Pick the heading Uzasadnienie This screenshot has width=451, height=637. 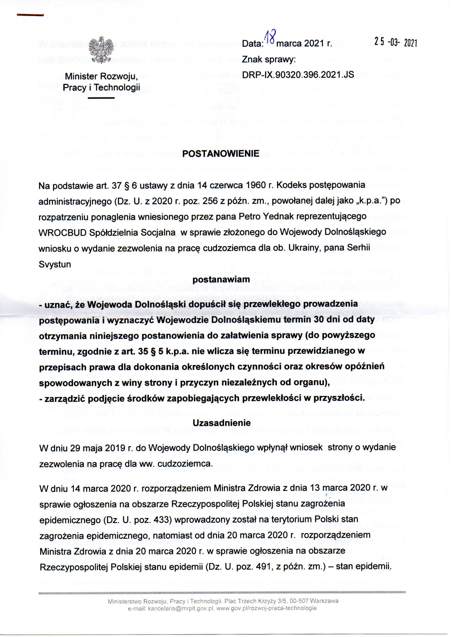[222, 423]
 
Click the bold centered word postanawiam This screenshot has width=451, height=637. [221, 280]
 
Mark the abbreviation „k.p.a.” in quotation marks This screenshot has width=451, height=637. [372, 201]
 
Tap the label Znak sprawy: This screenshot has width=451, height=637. [266, 59]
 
